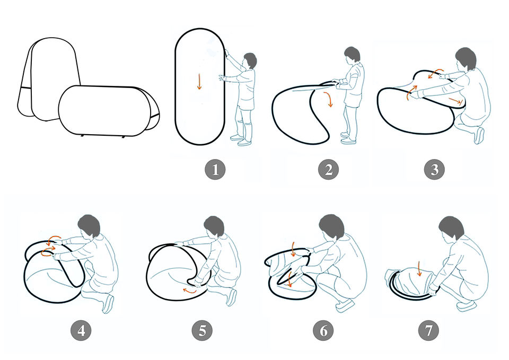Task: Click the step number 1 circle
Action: (x=215, y=170)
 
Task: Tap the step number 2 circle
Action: (x=329, y=170)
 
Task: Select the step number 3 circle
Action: (x=434, y=170)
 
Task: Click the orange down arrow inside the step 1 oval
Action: (x=199, y=81)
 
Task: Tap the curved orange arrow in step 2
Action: (x=329, y=99)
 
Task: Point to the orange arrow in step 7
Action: (x=419, y=269)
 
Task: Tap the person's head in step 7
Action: (x=451, y=227)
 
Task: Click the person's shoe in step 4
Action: (x=108, y=303)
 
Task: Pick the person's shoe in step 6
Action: (x=345, y=305)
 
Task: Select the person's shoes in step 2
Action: (x=348, y=138)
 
